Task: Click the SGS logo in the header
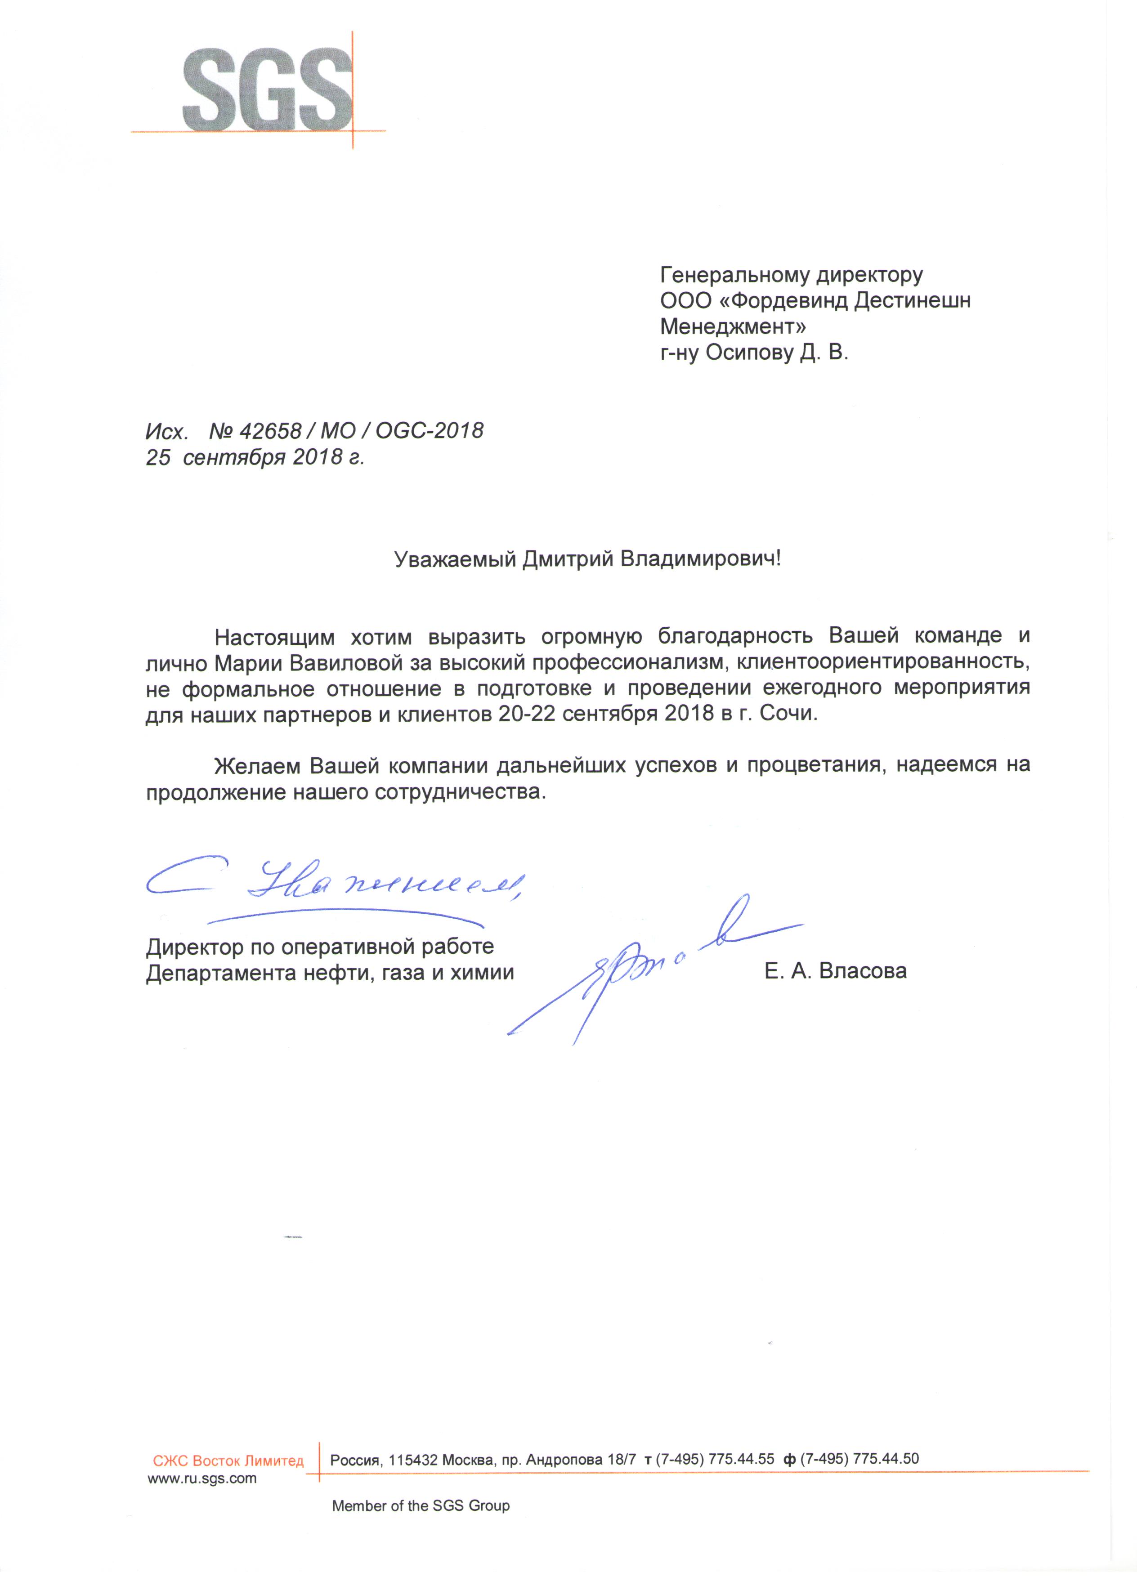(268, 89)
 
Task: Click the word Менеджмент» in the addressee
(733, 327)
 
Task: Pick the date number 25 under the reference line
(157, 457)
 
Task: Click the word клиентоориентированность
(882, 663)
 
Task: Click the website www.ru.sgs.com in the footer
(201, 1478)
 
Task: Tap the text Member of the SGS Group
(420, 1506)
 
